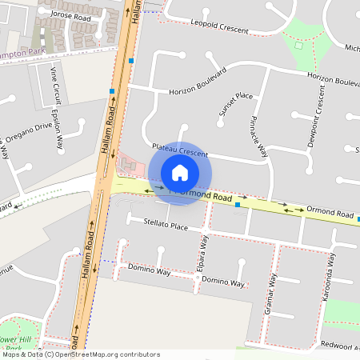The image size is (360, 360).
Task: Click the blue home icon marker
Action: coord(180,173)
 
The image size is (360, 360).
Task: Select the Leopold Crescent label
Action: coord(221,26)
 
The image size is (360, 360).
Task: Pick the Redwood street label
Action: coord(341,346)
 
